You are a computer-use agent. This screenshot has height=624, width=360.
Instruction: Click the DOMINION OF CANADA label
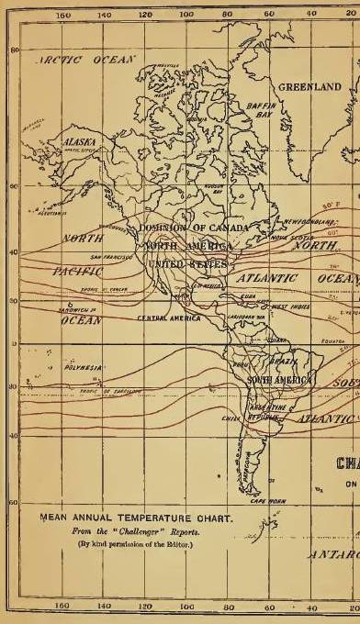pos(193,228)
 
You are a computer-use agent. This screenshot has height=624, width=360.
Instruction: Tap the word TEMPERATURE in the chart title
pos(150,518)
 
